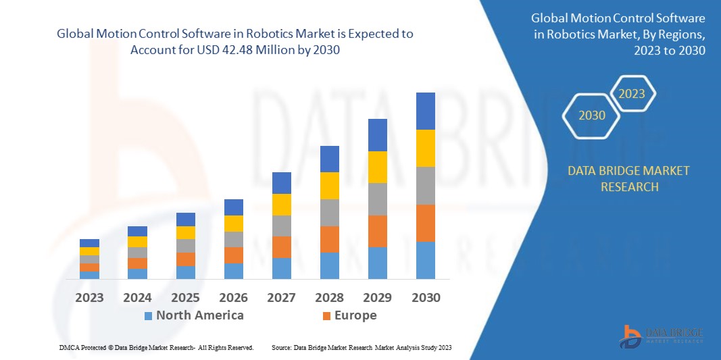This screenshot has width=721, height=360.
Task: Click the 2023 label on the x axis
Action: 89,297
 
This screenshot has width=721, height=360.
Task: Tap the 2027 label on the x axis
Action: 282,297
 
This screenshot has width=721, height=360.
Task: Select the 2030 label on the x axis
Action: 426,297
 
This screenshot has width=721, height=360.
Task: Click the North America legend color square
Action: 148,315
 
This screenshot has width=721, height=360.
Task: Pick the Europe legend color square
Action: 326,315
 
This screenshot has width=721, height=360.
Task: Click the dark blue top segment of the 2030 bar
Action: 426,111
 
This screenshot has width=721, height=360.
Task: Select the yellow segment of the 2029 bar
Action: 378,167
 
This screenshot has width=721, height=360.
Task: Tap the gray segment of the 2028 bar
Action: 330,212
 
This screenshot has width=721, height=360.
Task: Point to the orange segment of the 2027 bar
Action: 282,247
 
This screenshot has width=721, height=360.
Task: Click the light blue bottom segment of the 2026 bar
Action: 234,271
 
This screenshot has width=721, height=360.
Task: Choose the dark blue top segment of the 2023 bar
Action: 89,243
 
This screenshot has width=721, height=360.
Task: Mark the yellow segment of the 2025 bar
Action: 186,232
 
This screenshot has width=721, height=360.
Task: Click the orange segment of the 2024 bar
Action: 137,263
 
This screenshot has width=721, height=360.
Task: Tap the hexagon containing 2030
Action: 592,115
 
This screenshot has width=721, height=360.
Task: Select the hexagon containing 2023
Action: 632,94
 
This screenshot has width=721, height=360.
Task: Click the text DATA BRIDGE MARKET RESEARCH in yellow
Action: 629,178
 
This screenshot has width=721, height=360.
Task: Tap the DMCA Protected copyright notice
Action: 156,347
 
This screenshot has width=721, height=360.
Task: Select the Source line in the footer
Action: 362,347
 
